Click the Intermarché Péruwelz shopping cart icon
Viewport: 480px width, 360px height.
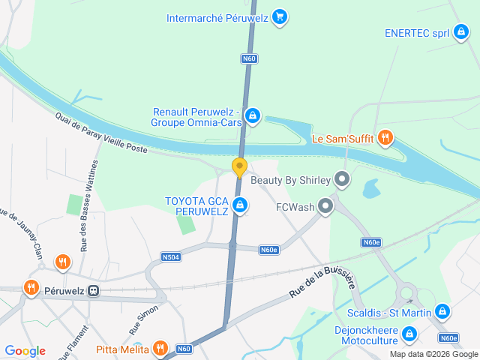[280, 16]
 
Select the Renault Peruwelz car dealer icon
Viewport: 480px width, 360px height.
[253, 115]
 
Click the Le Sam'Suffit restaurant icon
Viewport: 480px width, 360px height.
[385, 137]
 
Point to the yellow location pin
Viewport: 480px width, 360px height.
[239, 166]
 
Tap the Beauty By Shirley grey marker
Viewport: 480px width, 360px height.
[342, 179]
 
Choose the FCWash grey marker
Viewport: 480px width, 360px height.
[325, 205]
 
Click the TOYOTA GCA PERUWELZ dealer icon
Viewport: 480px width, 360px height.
[240, 205]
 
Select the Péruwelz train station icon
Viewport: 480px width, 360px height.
[93, 291]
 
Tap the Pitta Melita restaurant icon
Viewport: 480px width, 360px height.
[159, 348]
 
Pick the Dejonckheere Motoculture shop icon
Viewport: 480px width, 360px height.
[409, 334]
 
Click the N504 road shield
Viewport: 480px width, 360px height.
[170, 256]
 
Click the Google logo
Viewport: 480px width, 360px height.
[25, 351]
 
